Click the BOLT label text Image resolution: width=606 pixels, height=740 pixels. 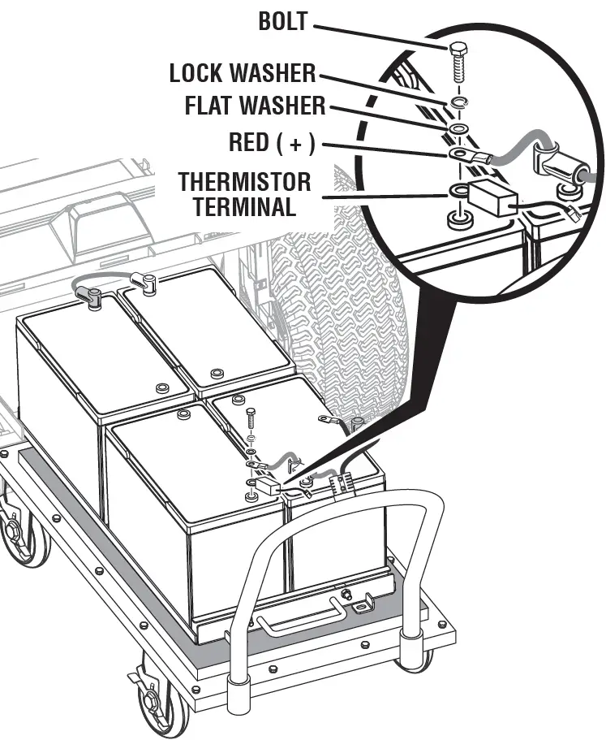pyautogui.click(x=284, y=21)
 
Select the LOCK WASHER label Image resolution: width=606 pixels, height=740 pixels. pyautogui.click(x=242, y=73)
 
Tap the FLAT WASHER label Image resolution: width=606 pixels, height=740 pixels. pyautogui.click(x=255, y=106)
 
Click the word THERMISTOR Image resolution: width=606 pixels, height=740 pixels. pyautogui.click(x=244, y=180)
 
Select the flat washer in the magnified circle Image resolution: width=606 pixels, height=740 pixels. pyautogui.click(x=458, y=130)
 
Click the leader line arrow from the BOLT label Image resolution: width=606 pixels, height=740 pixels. pyautogui.click(x=381, y=33)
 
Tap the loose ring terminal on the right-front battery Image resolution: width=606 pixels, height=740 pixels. pyautogui.click(x=328, y=420)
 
